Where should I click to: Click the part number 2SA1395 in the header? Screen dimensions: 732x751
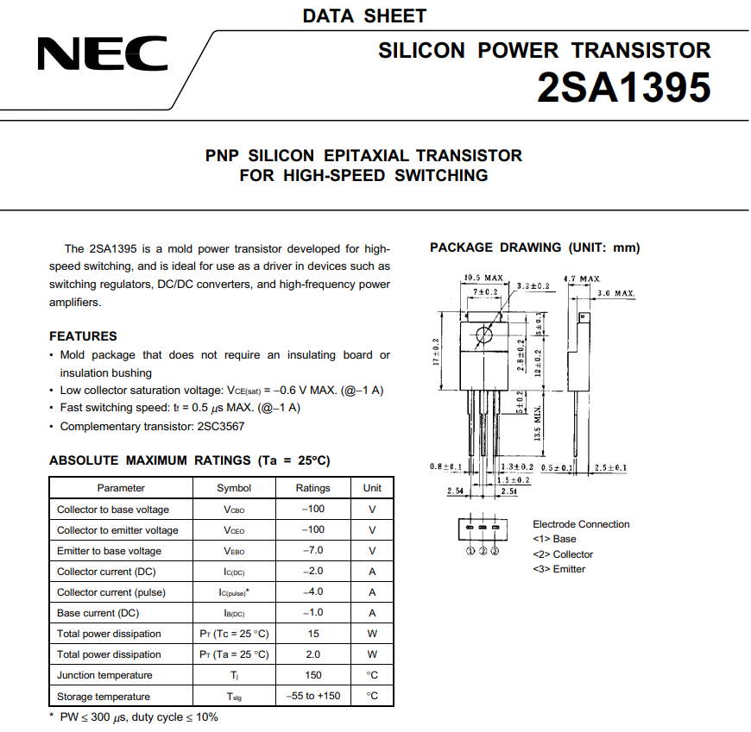point(623,87)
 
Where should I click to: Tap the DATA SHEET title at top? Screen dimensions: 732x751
point(364,16)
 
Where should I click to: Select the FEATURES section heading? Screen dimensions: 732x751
point(83,336)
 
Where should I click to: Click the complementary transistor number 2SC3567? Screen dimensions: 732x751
point(219,426)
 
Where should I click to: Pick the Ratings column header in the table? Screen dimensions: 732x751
point(312,488)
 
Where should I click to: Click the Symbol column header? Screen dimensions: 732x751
point(234,488)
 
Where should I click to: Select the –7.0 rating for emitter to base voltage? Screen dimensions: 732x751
point(312,551)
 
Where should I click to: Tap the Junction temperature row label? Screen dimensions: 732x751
point(104,675)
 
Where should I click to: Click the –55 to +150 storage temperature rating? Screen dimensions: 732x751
point(312,697)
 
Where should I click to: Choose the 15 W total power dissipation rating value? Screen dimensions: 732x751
point(312,634)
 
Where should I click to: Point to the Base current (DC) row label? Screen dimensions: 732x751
point(98,613)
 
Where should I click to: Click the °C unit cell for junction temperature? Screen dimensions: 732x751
point(372,675)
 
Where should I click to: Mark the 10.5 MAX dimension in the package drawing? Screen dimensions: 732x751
point(483,278)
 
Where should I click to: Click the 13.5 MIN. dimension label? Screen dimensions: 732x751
point(538,423)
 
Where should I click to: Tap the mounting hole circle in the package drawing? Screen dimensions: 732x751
point(483,335)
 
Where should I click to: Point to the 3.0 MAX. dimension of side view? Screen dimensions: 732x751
point(615,294)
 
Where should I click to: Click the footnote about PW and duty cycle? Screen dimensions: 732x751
point(134,717)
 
